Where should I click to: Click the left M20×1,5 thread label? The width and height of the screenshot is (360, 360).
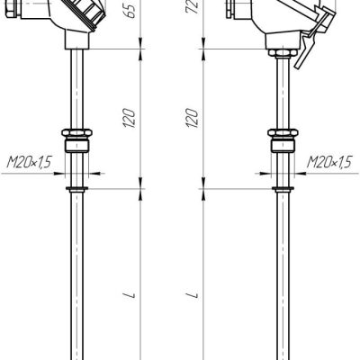pos(29,162)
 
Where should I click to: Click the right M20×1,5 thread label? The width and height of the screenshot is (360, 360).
pos(328,162)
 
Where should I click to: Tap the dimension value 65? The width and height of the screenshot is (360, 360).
pos(130,9)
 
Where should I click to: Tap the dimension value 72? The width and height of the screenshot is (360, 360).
pos(193,6)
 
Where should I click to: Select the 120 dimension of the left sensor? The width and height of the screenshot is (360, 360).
pos(130,118)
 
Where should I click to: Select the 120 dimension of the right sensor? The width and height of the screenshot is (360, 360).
pos(193,118)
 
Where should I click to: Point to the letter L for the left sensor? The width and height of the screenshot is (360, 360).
pos(130,295)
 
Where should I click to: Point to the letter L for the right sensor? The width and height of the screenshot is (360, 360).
pos(193,295)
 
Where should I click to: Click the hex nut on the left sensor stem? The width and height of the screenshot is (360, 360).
pos(76,133)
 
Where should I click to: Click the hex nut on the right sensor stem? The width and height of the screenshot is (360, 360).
pos(283,133)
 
